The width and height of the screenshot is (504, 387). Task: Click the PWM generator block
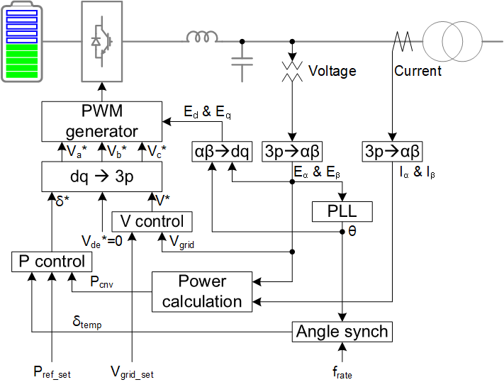click(x=101, y=121)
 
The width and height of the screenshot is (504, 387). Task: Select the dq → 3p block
click(x=101, y=175)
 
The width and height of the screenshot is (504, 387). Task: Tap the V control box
click(x=152, y=221)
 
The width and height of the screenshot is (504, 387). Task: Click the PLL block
click(x=342, y=211)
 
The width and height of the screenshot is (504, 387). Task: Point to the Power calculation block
click(x=201, y=291)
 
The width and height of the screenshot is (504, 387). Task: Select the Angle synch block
click(x=342, y=332)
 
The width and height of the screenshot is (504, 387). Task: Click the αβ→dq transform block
click(x=222, y=151)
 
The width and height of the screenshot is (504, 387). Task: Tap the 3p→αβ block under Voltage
click(x=292, y=151)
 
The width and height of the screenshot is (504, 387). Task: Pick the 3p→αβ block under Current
click(x=392, y=151)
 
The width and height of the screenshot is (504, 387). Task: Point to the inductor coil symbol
click(x=203, y=37)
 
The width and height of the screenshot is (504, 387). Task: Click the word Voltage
click(x=332, y=71)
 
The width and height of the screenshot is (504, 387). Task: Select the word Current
click(x=418, y=71)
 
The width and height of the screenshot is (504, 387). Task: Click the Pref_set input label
click(x=52, y=371)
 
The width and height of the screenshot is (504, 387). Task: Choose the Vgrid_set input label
click(x=132, y=371)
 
